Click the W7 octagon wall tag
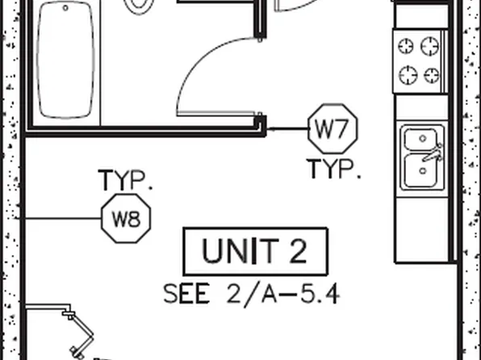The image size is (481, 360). tap(333, 129)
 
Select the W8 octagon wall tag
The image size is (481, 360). tap(126, 219)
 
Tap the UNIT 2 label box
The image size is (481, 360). tap(256, 252)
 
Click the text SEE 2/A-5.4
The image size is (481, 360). tap(252, 294)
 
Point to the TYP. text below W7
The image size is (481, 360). tap(334, 169)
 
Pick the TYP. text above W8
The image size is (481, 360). tap(125, 180)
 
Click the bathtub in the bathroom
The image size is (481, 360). tap(65, 60)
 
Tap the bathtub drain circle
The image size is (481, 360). tap(65, 8)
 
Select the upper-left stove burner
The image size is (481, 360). tap(405, 47)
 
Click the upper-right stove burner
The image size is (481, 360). tap(429, 46)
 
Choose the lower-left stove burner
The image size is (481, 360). tap(408, 75)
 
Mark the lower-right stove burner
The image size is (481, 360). tap(431, 76)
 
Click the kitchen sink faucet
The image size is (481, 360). tap(433, 153)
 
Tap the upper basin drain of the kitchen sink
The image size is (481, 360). tap(423, 139)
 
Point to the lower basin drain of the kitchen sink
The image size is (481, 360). tap(423, 171)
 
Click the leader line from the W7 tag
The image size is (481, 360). tap(287, 129)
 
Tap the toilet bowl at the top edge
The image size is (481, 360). tap(139, 6)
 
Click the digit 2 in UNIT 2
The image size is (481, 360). tap(298, 251)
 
